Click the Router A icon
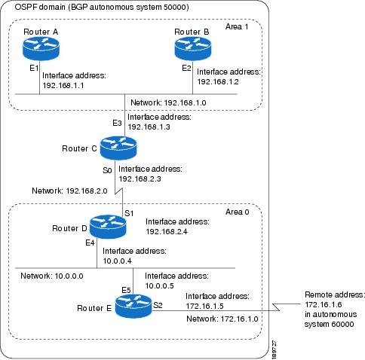[x=40, y=51]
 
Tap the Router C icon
[x=112, y=148]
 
